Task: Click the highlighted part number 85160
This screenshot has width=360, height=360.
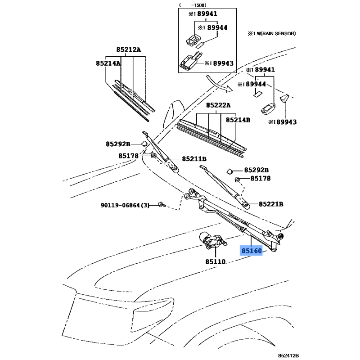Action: click(251, 251)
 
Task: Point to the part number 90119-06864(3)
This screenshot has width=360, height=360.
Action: click(125, 205)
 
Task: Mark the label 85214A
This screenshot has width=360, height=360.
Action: click(108, 64)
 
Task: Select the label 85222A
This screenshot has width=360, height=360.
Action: click(218, 105)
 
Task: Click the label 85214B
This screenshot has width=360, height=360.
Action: click(238, 120)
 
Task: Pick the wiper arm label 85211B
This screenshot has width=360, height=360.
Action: click(194, 159)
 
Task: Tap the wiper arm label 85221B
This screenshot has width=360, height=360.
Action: click(271, 204)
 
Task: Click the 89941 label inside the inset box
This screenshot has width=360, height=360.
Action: click(202, 13)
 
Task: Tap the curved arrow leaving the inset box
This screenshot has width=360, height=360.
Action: click(221, 83)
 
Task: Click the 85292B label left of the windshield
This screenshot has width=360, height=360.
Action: click(118, 144)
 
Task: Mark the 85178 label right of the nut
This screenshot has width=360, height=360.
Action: click(261, 179)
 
